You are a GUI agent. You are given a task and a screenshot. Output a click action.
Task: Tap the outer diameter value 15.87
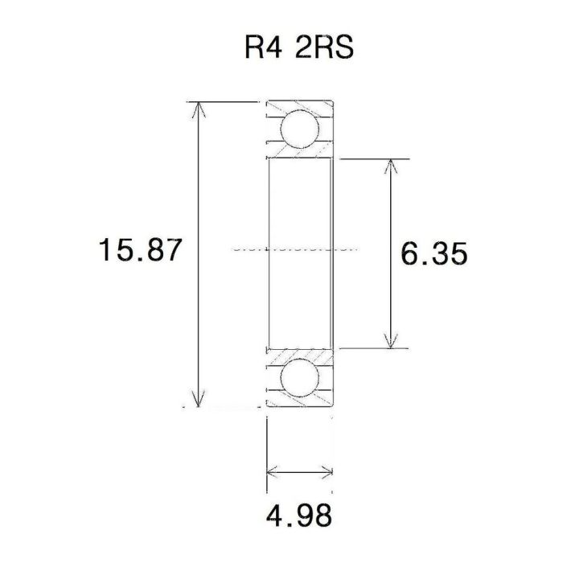tap(136, 251)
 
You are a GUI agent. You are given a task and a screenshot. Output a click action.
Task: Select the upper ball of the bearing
tap(298, 129)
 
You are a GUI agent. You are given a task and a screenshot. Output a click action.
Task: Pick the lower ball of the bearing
tap(298, 378)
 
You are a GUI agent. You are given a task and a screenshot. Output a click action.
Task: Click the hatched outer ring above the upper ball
tap(299, 106)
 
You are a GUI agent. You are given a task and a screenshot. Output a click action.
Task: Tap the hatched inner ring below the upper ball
tap(299, 152)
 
